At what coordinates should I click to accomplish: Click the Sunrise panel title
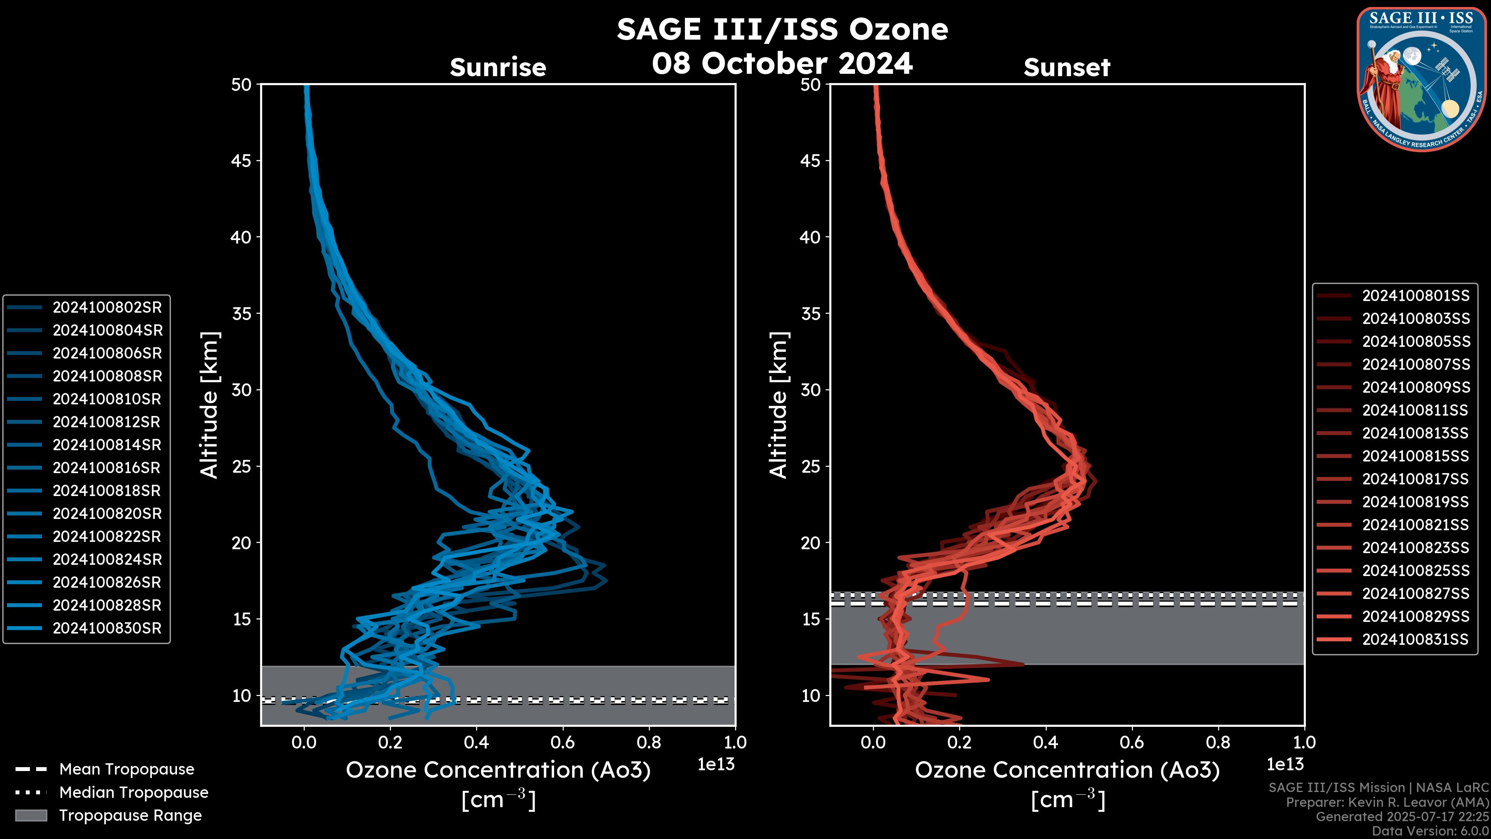[x=498, y=68]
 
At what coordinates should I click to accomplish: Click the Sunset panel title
[x=1067, y=68]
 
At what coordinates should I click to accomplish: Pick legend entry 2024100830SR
[x=107, y=628]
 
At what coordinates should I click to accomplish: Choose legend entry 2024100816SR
[x=107, y=468]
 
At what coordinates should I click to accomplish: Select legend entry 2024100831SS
[x=1415, y=639]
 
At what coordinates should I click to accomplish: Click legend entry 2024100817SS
[x=1415, y=479]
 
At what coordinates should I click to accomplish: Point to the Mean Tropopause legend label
[x=127, y=769]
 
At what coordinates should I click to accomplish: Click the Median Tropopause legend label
[x=134, y=792]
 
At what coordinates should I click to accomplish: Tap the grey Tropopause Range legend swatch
[x=31, y=815]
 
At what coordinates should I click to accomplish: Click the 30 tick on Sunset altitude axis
[x=810, y=390]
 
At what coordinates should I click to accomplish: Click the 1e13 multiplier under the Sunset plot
[x=1285, y=764]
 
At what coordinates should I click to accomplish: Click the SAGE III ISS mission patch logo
[x=1420, y=79]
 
